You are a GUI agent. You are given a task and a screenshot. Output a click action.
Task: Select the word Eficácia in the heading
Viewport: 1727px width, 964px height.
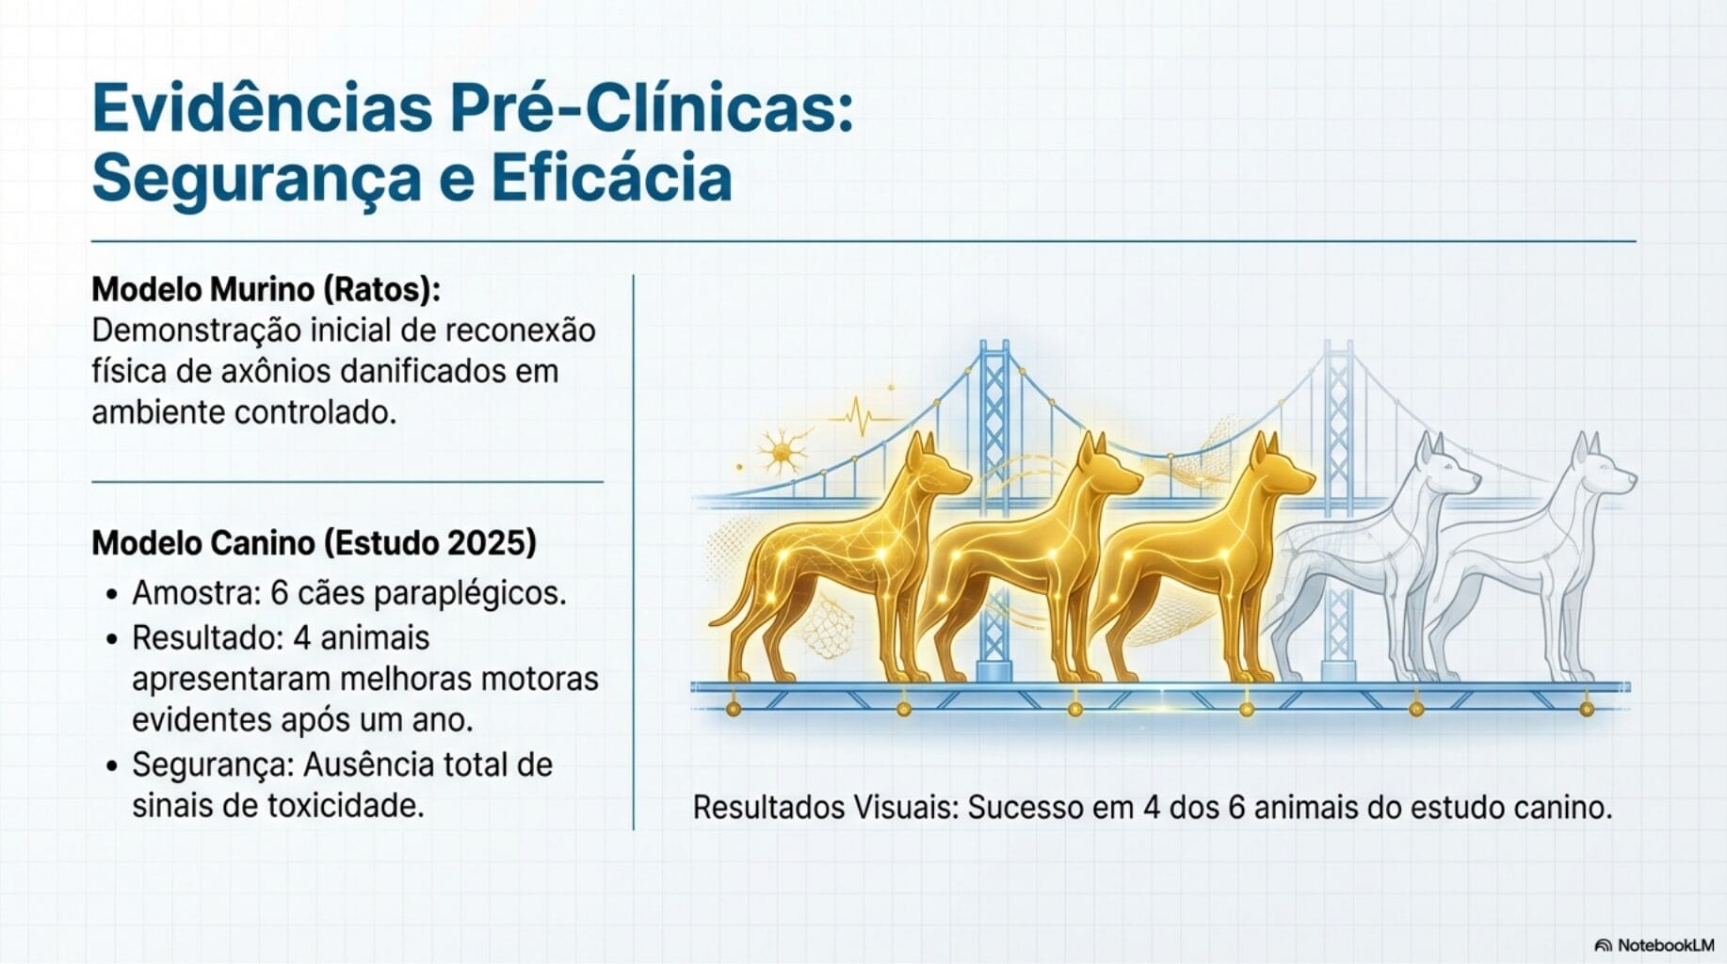(x=611, y=179)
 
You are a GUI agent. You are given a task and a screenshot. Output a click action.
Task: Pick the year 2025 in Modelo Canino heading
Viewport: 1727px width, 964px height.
(x=492, y=543)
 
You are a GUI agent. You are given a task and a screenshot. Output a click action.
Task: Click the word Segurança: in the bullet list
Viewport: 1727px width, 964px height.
(x=213, y=764)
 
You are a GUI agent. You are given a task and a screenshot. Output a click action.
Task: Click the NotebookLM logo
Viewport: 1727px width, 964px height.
(x=1654, y=945)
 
